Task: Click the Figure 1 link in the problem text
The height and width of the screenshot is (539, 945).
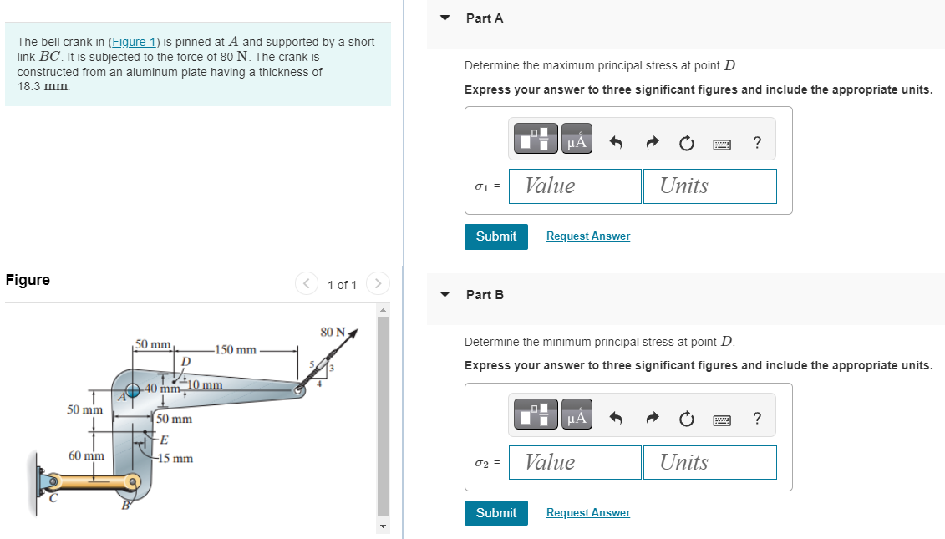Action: [x=133, y=42]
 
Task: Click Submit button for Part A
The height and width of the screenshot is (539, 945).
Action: [x=496, y=236]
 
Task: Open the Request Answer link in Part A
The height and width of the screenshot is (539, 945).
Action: [x=588, y=236]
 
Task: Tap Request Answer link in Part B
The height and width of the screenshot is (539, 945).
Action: [x=588, y=513]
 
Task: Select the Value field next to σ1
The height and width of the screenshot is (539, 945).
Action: [x=574, y=186]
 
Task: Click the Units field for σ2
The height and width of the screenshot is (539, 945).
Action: [x=709, y=462]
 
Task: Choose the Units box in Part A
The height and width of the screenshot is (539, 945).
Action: [x=709, y=186]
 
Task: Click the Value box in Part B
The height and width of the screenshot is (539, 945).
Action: [x=574, y=462]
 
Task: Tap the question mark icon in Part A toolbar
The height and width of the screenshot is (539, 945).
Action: [x=757, y=143]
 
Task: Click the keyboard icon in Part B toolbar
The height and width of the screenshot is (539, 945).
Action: [x=722, y=420]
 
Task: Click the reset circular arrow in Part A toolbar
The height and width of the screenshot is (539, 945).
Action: [x=686, y=143]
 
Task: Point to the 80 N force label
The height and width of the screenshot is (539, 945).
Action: [x=333, y=332]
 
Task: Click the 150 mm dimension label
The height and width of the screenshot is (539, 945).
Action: [x=236, y=349]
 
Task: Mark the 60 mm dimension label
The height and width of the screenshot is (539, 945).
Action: [x=86, y=456]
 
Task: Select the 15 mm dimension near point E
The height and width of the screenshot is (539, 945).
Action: [x=176, y=459]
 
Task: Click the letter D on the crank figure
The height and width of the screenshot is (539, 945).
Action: [x=185, y=361]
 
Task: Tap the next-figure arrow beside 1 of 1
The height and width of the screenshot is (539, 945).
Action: [x=378, y=285]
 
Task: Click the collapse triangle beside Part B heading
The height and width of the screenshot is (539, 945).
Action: [x=445, y=294]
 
